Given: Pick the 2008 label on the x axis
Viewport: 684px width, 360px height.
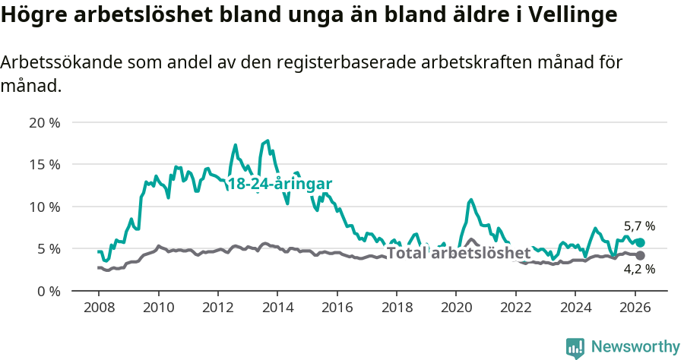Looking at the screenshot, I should click(99, 307).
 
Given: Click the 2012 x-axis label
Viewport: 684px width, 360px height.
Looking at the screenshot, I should click(217, 307).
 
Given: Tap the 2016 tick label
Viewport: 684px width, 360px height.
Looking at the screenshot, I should click(337, 307).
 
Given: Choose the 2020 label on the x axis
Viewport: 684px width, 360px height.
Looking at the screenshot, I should click(456, 307).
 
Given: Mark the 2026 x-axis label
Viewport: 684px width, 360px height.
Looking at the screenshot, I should click(635, 307).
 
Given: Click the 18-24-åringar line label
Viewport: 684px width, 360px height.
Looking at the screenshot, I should click(280, 185).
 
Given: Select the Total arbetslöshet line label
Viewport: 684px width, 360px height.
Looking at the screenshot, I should click(459, 253).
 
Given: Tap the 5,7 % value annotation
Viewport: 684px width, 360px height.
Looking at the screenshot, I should click(639, 226).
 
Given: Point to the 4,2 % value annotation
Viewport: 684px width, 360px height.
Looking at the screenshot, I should click(639, 269).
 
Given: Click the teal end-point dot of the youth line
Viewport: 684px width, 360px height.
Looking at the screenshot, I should click(640, 242).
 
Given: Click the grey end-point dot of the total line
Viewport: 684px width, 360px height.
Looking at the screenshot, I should click(640, 255).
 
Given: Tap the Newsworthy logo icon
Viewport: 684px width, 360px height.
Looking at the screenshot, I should click(575, 347).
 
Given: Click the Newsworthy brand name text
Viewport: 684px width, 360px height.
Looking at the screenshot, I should click(635, 347).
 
